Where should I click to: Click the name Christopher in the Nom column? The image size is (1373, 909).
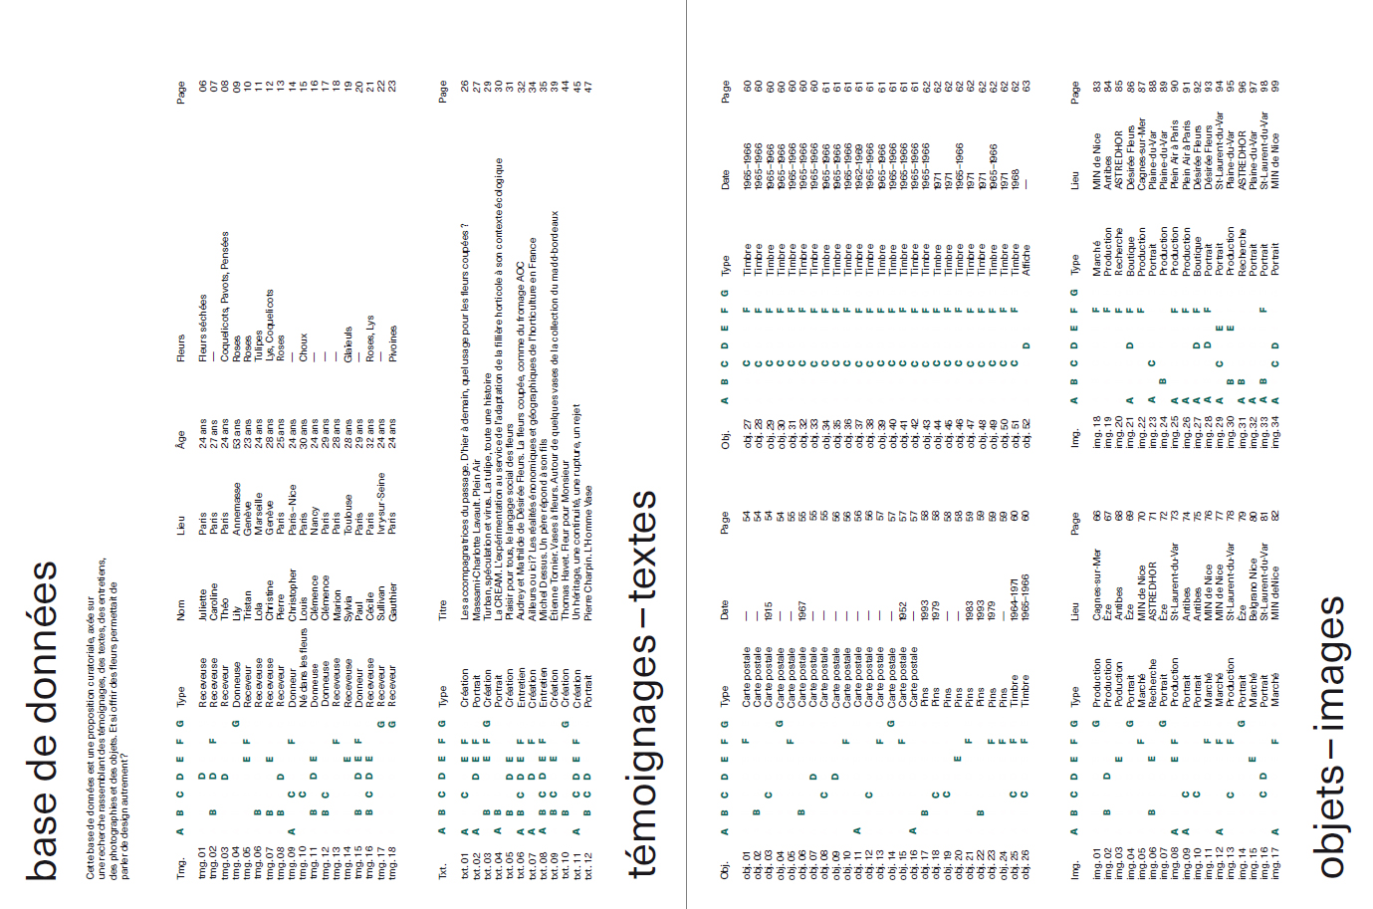[x=292, y=595]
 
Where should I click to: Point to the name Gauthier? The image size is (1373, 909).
[x=392, y=601]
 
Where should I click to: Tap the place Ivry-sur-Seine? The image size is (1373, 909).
[x=381, y=503]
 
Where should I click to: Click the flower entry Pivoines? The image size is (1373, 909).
[x=392, y=342]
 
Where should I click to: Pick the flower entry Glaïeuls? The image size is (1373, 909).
[x=347, y=344]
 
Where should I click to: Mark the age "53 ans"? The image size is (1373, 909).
[x=236, y=433]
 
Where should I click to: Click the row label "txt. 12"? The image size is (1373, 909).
[x=587, y=865]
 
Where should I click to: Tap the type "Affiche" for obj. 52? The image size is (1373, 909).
[x=1026, y=259]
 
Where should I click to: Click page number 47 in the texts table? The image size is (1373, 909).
[x=587, y=87]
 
